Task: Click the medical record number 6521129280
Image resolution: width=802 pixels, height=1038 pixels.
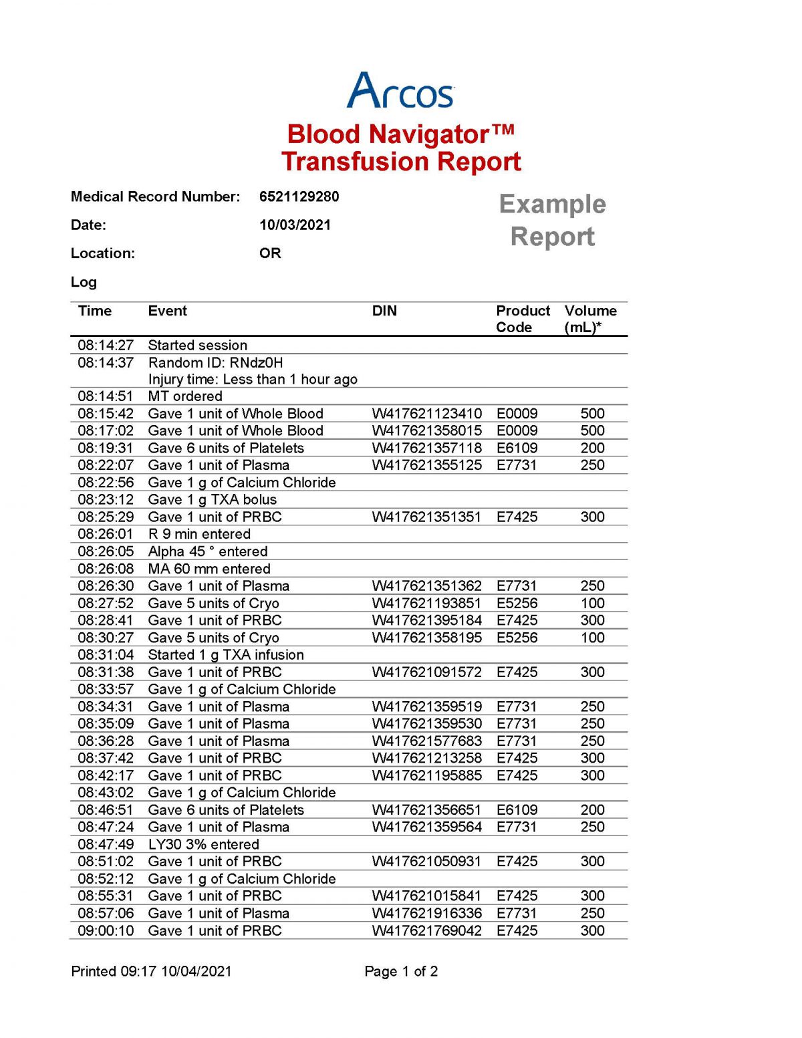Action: point(299,197)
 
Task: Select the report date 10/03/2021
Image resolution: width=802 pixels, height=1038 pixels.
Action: point(295,225)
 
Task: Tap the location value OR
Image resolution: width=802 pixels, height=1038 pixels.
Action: point(270,253)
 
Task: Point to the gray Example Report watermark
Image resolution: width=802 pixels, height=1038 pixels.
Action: point(552,220)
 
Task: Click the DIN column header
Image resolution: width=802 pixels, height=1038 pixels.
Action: point(384,311)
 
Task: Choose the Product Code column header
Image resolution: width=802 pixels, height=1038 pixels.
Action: point(522,319)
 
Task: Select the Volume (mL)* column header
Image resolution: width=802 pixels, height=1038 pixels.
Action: point(590,319)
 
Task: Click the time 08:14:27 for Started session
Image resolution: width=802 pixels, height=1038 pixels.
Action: point(106,345)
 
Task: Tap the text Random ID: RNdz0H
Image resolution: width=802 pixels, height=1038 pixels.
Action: point(215,362)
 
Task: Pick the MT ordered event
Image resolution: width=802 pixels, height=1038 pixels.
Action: point(185,396)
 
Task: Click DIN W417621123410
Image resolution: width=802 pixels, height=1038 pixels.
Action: point(426,413)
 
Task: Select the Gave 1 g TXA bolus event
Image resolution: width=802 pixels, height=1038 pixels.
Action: point(212,499)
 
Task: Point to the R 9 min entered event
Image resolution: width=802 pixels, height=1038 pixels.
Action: point(199,534)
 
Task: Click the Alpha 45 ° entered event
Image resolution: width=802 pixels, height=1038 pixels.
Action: point(207,551)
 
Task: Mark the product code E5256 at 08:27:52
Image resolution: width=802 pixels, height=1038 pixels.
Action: point(517,603)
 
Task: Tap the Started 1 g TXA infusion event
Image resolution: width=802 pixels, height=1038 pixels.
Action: point(226,654)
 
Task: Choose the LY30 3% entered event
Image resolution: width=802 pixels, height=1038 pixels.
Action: point(203,844)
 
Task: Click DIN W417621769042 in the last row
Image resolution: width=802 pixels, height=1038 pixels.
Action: point(426,930)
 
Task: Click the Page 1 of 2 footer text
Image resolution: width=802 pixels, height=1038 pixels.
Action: point(401,971)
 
